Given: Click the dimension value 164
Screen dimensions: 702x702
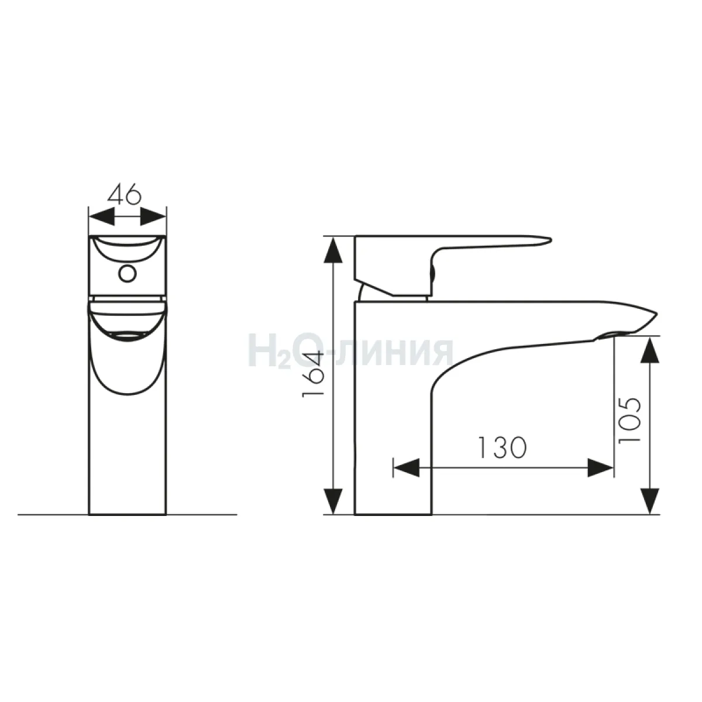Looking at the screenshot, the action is (314, 374).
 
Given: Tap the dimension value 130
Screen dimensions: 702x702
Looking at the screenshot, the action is (502, 448).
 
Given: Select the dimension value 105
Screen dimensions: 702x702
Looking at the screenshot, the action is (629, 420).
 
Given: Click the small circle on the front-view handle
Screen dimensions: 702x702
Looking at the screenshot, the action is (128, 274).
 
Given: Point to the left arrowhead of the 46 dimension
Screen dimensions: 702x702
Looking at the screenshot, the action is (102, 217).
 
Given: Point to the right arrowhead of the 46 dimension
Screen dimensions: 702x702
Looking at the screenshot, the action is (153, 217).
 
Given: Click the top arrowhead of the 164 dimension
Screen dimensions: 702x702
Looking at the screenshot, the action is (333, 250).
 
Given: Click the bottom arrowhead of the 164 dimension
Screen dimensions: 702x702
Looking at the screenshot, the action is (333, 501).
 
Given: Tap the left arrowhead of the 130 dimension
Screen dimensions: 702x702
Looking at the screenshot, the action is (406, 468).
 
